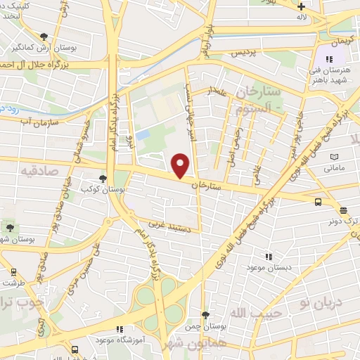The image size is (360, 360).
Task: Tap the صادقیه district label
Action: tap(39, 171)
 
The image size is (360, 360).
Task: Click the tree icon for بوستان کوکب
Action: tap(103, 179)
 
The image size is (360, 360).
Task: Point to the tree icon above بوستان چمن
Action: tap(205, 315)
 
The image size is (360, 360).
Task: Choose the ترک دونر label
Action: tap(344, 220)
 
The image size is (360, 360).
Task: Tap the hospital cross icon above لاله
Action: tap(302, 6)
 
